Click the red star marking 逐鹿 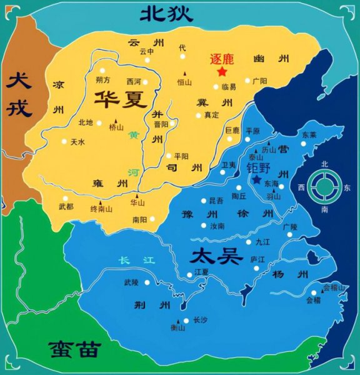tap(221, 72)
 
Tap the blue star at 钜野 tap(256, 179)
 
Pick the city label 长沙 tap(199, 320)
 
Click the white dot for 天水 tap(63, 142)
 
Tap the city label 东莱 tap(309, 134)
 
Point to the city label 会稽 tap(312, 299)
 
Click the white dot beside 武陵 tap(147, 282)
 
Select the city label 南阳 tap(139, 219)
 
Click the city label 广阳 tap(259, 81)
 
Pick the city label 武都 tap(66, 206)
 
